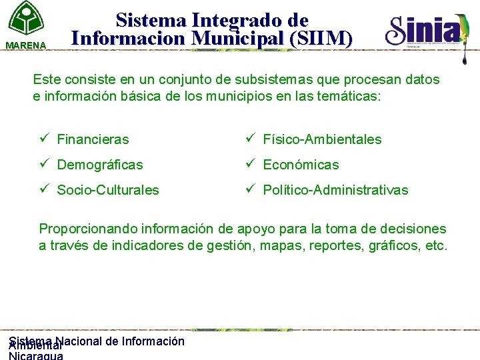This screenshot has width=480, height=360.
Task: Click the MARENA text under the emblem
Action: (26, 45)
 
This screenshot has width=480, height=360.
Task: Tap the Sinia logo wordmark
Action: (423, 30)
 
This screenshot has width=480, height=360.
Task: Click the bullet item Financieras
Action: (93, 139)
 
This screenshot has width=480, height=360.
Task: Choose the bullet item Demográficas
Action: (99, 165)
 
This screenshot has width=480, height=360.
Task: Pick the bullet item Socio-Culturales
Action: (108, 190)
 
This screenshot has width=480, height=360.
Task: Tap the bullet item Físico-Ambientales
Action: (322, 139)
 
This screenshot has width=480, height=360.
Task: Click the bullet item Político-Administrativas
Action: (335, 190)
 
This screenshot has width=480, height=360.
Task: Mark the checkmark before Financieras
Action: (44, 139)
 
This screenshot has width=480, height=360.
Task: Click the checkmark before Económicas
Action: (250, 164)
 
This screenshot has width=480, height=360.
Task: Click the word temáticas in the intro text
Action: (353, 96)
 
